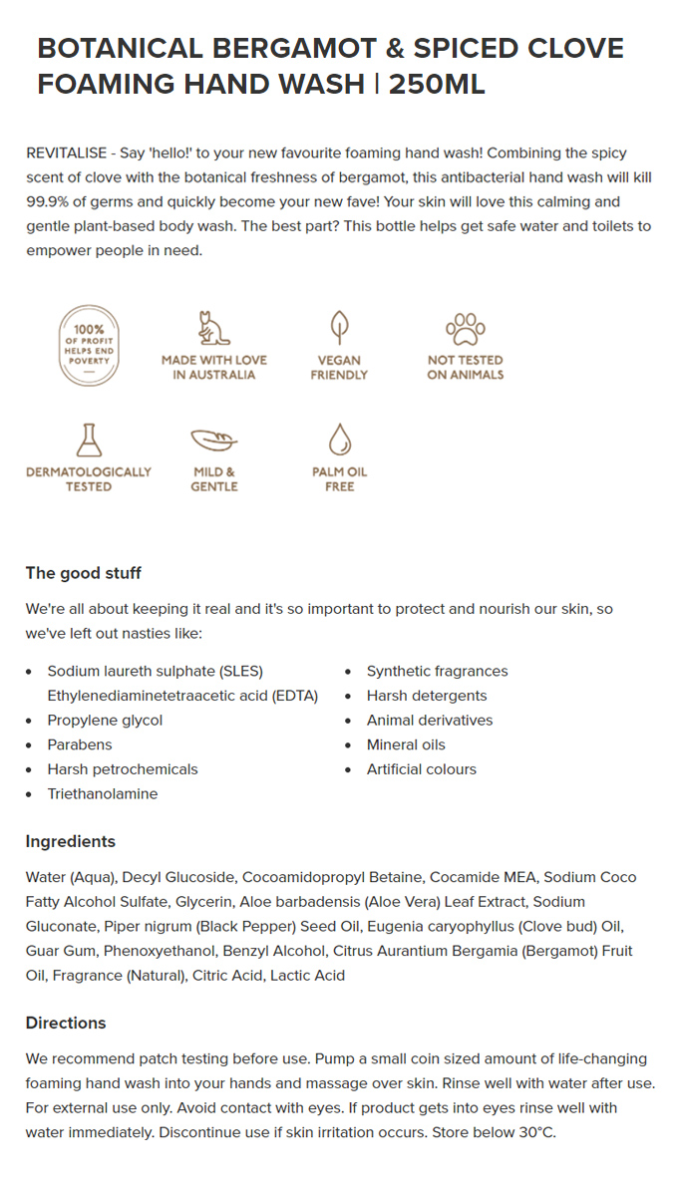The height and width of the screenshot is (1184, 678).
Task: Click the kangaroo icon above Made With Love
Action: pos(213,328)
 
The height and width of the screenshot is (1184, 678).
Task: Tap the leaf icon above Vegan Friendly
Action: pos(339,327)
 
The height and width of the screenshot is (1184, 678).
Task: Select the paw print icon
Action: pos(465,328)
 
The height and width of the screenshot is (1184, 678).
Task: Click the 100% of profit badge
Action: pos(89,345)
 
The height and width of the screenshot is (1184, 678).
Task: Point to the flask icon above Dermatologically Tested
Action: pos(89,440)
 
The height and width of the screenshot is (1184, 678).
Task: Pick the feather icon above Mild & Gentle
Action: pos(213,440)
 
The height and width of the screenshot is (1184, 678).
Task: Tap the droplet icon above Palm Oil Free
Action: pos(339,440)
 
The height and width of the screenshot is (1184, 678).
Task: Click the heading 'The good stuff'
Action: pos(84,573)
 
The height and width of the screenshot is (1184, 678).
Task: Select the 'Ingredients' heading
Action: pos(71,841)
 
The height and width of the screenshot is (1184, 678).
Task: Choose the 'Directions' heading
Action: pos(66,1023)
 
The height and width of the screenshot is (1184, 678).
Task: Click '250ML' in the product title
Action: pos(437,84)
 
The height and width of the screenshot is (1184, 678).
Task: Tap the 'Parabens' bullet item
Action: pos(80,744)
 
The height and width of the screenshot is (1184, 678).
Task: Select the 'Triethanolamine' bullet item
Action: pos(103,793)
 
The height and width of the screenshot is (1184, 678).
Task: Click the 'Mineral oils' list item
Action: pos(406,744)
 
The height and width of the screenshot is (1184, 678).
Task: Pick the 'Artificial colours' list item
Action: pos(422,769)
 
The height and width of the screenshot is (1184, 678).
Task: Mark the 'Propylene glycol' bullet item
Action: pos(105,720)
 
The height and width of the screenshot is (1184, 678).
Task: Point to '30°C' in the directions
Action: pos(533,1132)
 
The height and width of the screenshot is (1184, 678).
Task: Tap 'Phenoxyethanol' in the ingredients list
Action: pos(159,951)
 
